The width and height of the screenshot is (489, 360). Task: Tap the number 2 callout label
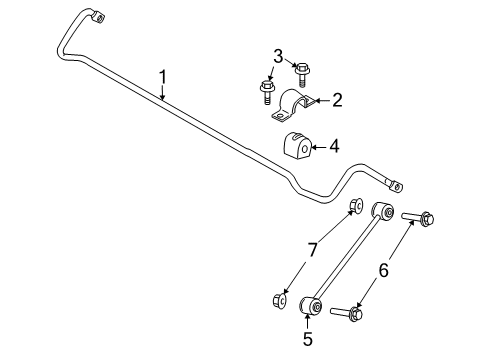pos(336,99)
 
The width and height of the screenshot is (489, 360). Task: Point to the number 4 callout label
pos(334,146)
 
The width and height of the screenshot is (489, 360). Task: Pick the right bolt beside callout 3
pos(301,70)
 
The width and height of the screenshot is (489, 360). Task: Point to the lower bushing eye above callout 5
pos(309,303)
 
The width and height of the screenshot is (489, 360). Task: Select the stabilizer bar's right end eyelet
pos(397,185)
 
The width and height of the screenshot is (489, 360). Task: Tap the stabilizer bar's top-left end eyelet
pos(95,16)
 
